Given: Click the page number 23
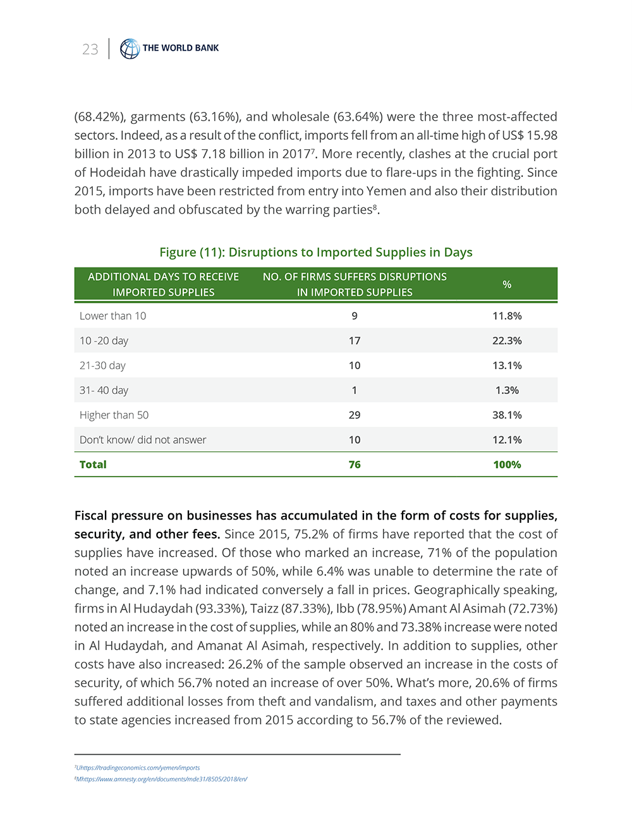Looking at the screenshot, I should [90, 49].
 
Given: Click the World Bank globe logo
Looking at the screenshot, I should [130, 49].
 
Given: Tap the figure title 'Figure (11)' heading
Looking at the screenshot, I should [315, 252].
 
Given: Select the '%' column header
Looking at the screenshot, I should [507, 284].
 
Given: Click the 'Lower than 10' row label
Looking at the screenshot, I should [112, 316].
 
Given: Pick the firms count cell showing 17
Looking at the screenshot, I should [355, 341].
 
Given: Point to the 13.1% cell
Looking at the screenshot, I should [507, 365].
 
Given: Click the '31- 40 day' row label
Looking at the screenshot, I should [104, 391].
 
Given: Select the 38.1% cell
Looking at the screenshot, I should [507, 415].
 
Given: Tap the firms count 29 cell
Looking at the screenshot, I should [355, 415].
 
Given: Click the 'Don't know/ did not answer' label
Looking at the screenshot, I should [143, 440].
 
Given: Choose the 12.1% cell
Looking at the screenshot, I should [507, 440].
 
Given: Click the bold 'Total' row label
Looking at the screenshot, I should [93, 465].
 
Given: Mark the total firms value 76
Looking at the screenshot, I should [355, 465].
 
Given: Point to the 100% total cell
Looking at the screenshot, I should [507, 465].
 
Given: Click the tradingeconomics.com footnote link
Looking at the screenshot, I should [138, 767].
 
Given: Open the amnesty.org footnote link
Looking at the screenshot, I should [162, 779].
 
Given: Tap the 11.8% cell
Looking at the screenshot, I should [507, 316].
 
